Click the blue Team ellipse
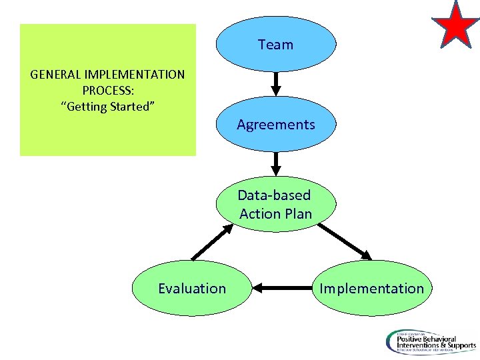275,45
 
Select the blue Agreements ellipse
275,125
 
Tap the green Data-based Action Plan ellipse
275,204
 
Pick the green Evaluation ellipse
192,288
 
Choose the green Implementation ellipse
371,288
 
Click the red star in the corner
455,24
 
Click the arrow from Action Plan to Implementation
345,241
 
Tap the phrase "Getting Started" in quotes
108,106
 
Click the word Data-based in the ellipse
274,195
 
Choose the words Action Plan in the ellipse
275,213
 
